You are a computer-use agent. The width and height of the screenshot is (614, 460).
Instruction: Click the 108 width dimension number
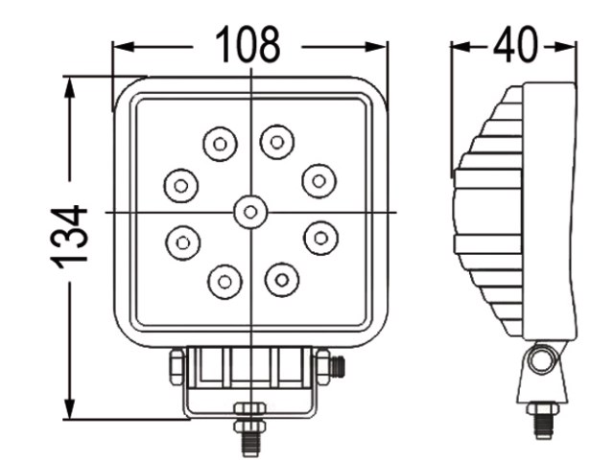tap(248, 44)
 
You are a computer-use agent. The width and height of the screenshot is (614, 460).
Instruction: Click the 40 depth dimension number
tap(516, 44)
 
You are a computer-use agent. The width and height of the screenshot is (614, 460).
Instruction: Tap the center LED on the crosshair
tap(250, 212)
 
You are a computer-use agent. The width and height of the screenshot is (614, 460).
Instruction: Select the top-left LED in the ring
tap(220, 144)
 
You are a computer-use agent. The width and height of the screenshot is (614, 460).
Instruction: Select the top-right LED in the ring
tap(277, 142)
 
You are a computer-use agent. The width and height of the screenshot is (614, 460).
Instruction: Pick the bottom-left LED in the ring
tap(224, 282)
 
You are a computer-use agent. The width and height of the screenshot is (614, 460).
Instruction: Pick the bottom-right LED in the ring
tap(282, 280)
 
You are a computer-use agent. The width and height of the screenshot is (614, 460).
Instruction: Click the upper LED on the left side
tap(181, 186)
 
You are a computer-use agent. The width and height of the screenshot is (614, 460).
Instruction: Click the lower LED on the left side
tap(183, 242)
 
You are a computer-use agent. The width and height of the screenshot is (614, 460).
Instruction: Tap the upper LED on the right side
tap(319, 181)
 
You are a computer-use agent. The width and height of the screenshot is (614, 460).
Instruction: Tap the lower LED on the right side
tap(321, 238)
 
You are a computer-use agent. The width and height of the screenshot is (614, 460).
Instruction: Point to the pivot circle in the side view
tap(543, 359)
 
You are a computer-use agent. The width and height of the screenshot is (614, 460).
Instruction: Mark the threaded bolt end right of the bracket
tap(338, 367)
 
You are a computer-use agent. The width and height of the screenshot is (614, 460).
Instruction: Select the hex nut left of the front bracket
tap(177, 367)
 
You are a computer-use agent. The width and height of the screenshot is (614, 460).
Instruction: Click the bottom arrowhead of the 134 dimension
tap(70, 408)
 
